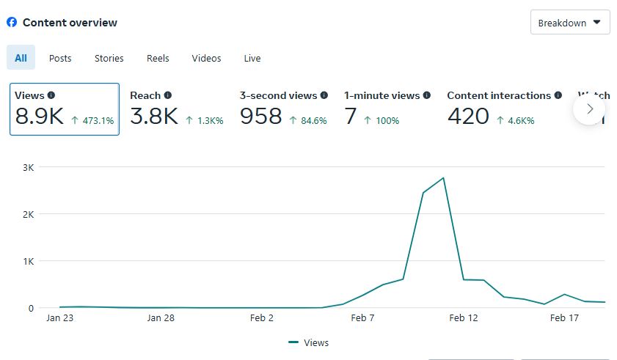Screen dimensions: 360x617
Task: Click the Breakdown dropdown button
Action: click(570, 23)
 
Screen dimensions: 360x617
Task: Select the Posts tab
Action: click(60, 58)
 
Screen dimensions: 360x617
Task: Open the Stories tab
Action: click(109, 58)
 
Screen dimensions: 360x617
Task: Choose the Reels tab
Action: click(158, 58)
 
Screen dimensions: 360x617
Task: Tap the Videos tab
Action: click(206, 58)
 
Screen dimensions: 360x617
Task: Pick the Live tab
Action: click(252, 58)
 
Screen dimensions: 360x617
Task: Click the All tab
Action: click(21, 58)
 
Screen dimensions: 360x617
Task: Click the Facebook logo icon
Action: click(12, 22)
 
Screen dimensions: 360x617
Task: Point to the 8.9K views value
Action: click(40, 116)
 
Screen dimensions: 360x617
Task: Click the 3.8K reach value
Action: click(154, 116)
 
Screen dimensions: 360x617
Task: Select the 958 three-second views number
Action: click(260, 116)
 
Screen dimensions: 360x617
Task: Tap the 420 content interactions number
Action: click(468, 116)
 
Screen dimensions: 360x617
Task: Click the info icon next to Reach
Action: click(168, 95)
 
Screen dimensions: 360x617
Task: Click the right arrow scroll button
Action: click(590, 109)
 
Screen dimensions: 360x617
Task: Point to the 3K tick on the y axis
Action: click(28, 167)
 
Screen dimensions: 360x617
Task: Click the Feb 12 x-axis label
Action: click(463, 318)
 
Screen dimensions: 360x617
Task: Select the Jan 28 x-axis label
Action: click(161, 318)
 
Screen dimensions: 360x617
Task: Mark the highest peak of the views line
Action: click(444, 178)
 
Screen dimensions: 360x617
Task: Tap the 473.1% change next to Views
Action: click(93, 121)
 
